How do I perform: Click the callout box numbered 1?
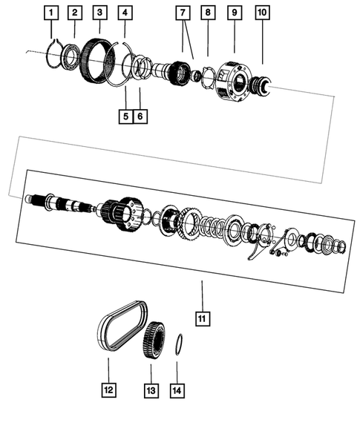point(50,13)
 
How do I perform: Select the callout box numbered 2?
point(75,13)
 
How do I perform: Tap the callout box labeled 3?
point(100,13)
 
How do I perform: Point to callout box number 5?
point(125,116)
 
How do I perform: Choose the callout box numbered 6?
point(140,116)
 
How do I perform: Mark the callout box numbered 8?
point(209,13)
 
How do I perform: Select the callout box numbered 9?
point(235,13)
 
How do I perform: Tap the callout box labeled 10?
point(261,13)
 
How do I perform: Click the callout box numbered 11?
point(201,318)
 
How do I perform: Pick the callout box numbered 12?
point(108,387)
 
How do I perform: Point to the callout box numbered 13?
point(151,387)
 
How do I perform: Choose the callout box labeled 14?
point(177,387)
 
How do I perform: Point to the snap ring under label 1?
point(51,54)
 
